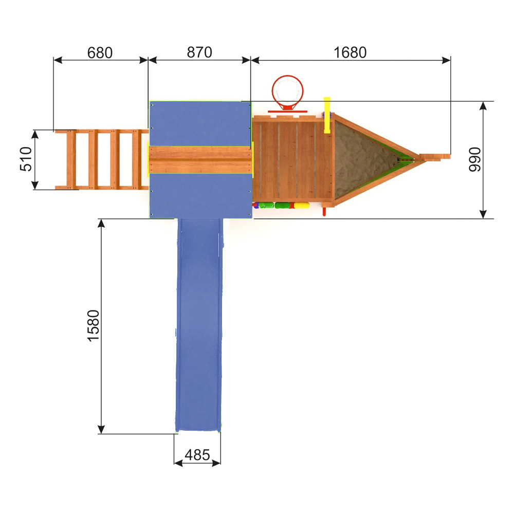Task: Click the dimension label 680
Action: pos(100,53)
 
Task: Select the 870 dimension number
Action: pos(199,52)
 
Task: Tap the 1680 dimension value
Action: pos(350,53)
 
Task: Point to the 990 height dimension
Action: pos(474,159)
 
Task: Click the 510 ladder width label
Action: pos(26,159)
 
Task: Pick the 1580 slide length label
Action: pos(94,326)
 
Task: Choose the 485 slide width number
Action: pos(197,455)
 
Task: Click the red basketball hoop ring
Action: pos(287,91)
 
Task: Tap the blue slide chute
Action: pos(199,324)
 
